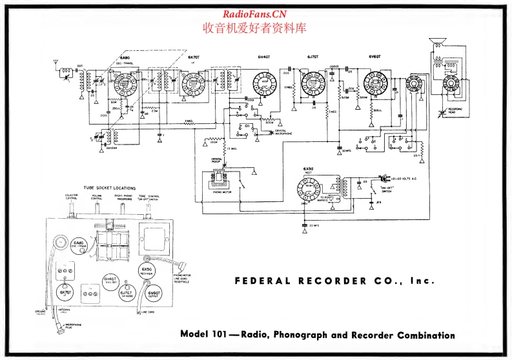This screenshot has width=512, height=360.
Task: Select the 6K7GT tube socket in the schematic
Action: point(192,83)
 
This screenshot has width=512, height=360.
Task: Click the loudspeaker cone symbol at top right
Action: point(438,43)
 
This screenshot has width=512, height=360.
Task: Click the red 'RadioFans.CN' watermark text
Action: point(254,14)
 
